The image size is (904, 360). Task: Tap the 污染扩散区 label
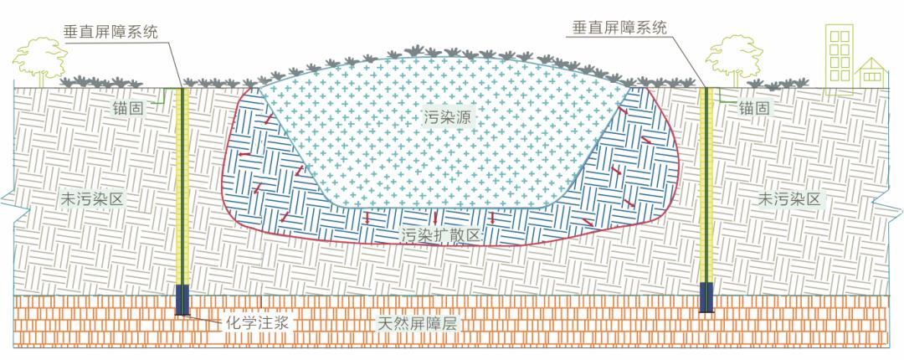click(441, 234)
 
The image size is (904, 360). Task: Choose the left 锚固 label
click(140, 105)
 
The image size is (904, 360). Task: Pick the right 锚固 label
click(754, 107)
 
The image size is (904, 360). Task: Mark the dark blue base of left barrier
click(182, 300)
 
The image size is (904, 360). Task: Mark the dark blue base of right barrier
click(706, 298)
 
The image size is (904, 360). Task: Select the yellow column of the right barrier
click(706, 185)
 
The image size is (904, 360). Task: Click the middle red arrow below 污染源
click(435, 218)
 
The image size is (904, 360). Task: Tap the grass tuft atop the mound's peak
click(414, 52)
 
